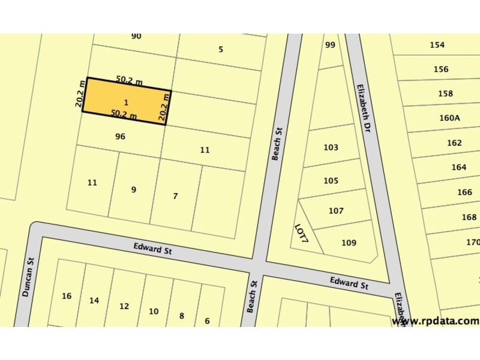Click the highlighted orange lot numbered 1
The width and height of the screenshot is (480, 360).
pos(126,102)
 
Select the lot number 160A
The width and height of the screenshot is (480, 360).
pos(449,118)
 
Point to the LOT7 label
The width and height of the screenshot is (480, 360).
pos(301,233)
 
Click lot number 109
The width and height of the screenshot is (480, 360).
pos(349,243)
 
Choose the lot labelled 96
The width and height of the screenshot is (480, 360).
pos(120,137)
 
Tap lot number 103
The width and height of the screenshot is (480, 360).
pos(331,148)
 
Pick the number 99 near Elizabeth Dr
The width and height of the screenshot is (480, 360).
pos(330,45)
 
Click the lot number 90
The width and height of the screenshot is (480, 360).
pos(136,36)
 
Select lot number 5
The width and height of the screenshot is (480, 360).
pos(221,49)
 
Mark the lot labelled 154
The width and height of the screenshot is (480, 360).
pos(437,45)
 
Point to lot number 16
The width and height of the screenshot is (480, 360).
pos(67,296)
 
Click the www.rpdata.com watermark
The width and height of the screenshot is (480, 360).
pos(435,321)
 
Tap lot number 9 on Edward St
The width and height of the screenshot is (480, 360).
pos(134,190)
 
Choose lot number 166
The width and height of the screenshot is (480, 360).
pos(464,193)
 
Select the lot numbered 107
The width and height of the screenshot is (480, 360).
pos(336,211)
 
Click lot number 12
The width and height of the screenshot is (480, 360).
pos(124,307)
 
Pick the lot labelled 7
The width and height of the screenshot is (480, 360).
pos(175,196)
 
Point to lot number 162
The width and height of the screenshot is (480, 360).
pos(455,143)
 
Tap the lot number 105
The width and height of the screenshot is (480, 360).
pos(331,181)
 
